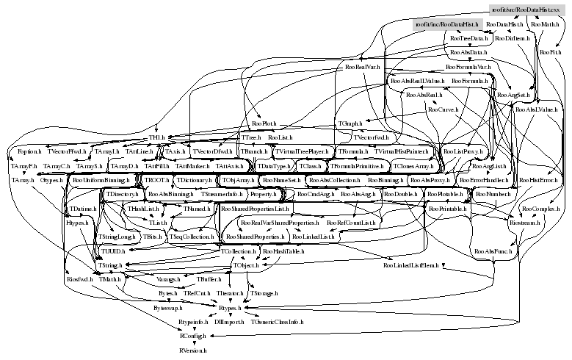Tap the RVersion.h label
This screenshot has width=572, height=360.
pos(192,351)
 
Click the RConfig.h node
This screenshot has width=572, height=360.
pos(194,336)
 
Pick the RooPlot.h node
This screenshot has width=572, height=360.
pos(264,123)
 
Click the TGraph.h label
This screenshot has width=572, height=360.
pos(350,123)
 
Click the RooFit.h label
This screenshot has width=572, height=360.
pos(550,53)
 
